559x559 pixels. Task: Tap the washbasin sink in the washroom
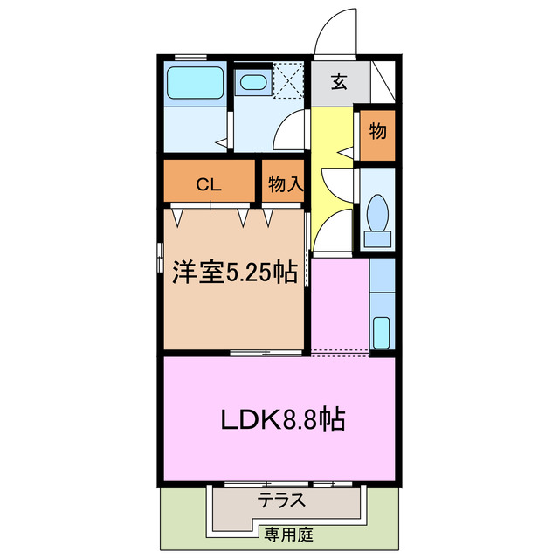pos(253,83)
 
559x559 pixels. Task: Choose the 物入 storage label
pos(285,184)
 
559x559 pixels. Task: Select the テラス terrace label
pos(280,501)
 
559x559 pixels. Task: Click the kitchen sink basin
pos(382,333)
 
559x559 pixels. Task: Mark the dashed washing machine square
pos(287,79)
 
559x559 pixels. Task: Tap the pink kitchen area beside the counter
pos(340,306)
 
